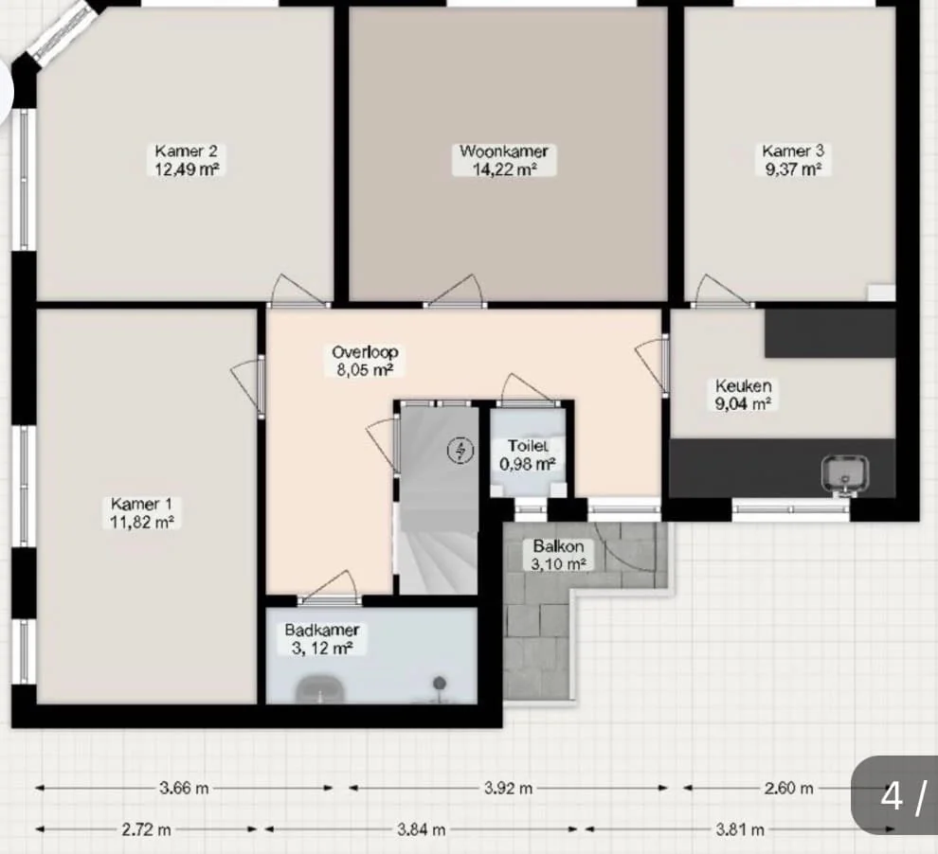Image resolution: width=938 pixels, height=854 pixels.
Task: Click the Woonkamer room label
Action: click(x=504, y=151)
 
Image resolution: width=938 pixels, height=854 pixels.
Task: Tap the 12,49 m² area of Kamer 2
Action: click(x=187, y=169)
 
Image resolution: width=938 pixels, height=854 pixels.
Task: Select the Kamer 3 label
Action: click(x=793, y=151)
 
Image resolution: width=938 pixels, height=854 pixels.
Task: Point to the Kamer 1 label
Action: click(x=141, y=504)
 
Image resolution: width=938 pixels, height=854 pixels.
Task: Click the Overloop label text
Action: click(x=365, y=352)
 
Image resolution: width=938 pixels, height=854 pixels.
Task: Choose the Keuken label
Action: click(x=743, y=385)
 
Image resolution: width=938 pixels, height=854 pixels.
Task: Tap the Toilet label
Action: click(x=528, y=446)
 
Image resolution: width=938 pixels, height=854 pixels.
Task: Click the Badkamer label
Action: click(x=322, y=630)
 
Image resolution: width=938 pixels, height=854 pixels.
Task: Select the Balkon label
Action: click(x=558, y=546)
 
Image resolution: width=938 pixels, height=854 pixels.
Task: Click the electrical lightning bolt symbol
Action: click(x=460, y=450)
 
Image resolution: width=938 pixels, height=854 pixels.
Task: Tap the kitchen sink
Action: click(x=845, y=474)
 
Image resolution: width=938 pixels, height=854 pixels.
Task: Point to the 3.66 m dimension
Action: click(x=184, y=789)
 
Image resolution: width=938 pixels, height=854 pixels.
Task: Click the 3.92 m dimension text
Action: click(x=508, y=789)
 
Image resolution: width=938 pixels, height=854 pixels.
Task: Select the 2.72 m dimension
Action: click(x=146, y=829)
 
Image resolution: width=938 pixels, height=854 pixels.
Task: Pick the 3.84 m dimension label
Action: click(x=421, y=829)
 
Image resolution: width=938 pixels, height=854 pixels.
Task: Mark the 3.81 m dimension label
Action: click(x=740, y=829)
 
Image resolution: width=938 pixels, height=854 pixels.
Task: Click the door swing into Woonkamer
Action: click(x=456, y=292)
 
